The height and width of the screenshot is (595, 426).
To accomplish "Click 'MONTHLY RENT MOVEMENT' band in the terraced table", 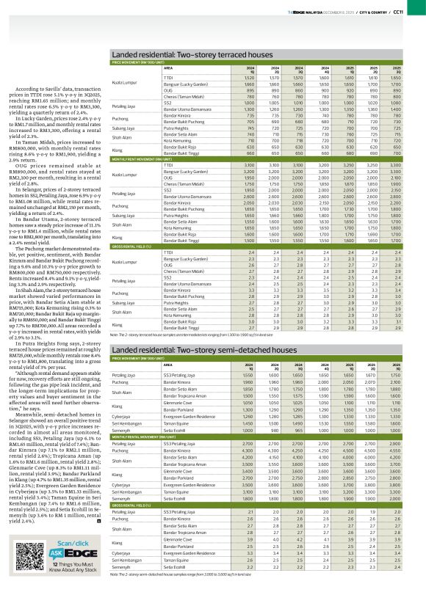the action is tap(147, 160).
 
